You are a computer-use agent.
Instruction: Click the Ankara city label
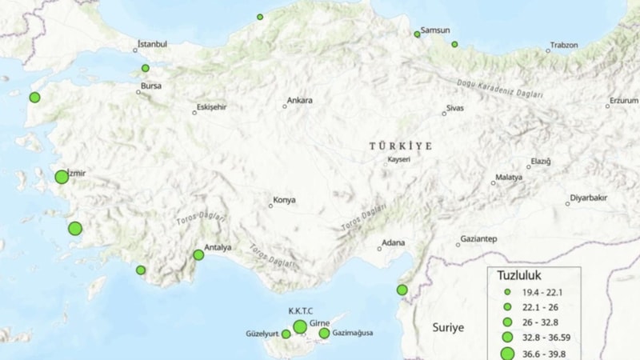[300, 101]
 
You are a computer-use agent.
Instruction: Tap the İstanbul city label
[152, 44]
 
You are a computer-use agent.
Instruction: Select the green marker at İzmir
[62, 177]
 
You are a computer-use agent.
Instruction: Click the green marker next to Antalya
[198, 255]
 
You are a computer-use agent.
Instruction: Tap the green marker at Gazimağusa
[324, 333]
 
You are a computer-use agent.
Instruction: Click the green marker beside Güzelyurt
[286, 334]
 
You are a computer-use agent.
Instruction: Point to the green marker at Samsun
[417, 34]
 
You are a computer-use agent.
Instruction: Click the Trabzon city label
[563, 45]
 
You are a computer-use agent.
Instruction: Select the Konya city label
[285, 200]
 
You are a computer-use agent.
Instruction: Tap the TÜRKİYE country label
[401, 146]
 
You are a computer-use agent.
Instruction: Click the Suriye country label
[448, 328]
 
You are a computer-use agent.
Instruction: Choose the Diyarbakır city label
[588, 198]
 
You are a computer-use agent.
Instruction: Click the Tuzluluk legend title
[520, 275]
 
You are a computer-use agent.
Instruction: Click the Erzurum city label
[624, 101]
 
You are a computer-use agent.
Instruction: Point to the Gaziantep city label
[478, 239]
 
